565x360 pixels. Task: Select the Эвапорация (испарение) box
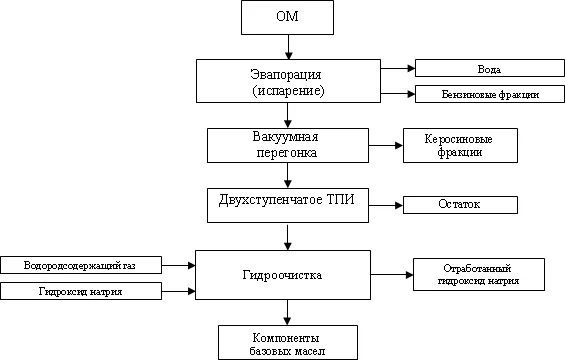(288, 81)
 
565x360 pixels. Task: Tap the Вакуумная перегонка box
(287, 144)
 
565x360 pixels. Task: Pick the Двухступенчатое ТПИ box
(287, 203)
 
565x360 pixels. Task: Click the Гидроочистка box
(287, 274)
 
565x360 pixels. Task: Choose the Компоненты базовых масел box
(287, 342)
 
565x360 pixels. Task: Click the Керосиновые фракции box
(461, 145)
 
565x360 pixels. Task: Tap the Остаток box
(460, 204)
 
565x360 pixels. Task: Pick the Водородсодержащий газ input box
(82, 265)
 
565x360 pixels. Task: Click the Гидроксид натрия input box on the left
(82, 291)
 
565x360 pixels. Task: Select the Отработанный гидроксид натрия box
(478, 274)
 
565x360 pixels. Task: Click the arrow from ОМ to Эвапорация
(288, 47)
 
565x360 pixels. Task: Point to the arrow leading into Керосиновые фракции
(384, 145)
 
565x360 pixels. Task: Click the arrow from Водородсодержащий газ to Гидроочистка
(178, 265)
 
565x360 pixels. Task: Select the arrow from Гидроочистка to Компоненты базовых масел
(288, 312)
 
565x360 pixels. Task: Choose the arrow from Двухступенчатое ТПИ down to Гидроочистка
(288, 236)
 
